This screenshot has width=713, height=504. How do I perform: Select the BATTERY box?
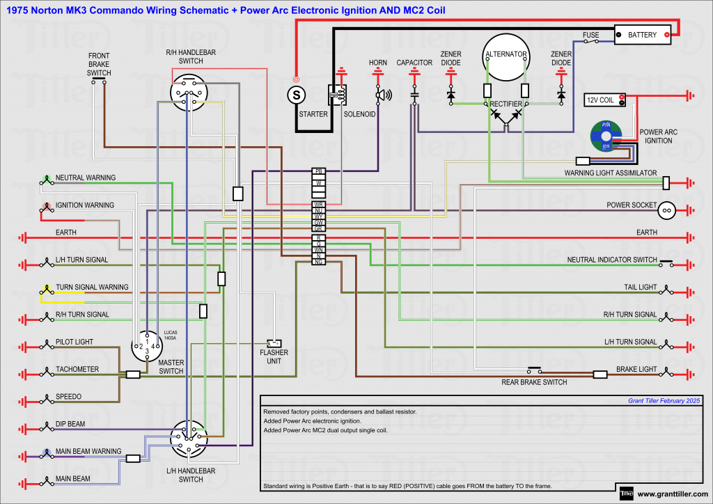pyautogui.click(x=643, y=35)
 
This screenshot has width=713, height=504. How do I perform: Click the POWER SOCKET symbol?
pyautogui.click(x=666, y=209)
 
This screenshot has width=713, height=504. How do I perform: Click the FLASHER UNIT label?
pyautogui.click(x=274, y=356)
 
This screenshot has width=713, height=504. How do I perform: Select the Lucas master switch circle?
pyautogui.click(x=147, y=346)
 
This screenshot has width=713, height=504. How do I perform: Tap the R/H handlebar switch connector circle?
pyautogui.click(x=188, y=93)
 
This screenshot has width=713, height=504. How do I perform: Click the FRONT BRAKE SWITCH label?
pyautogui.click(x=99, y=64)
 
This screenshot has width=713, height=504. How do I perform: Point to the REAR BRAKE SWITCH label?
pyautogui.click(x=534, y=382)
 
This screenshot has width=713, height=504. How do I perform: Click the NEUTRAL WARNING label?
pyautogui.click(x=86, y=178)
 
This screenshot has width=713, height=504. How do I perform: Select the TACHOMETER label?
pyautogui.click(x=77, y=370)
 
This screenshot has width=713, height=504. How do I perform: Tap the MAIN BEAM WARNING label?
pyautogui.click(x=88, y=452)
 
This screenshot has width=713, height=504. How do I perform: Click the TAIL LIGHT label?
pyautogui.click(x=640, y=288)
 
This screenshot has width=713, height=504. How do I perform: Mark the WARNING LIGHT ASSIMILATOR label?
pyautogui.click(x=610, y=173)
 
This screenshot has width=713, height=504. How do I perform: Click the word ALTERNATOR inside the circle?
pyautogui.click(x=506, y=54)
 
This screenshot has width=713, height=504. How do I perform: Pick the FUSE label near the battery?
pyautogui.click(x=591, y=35)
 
